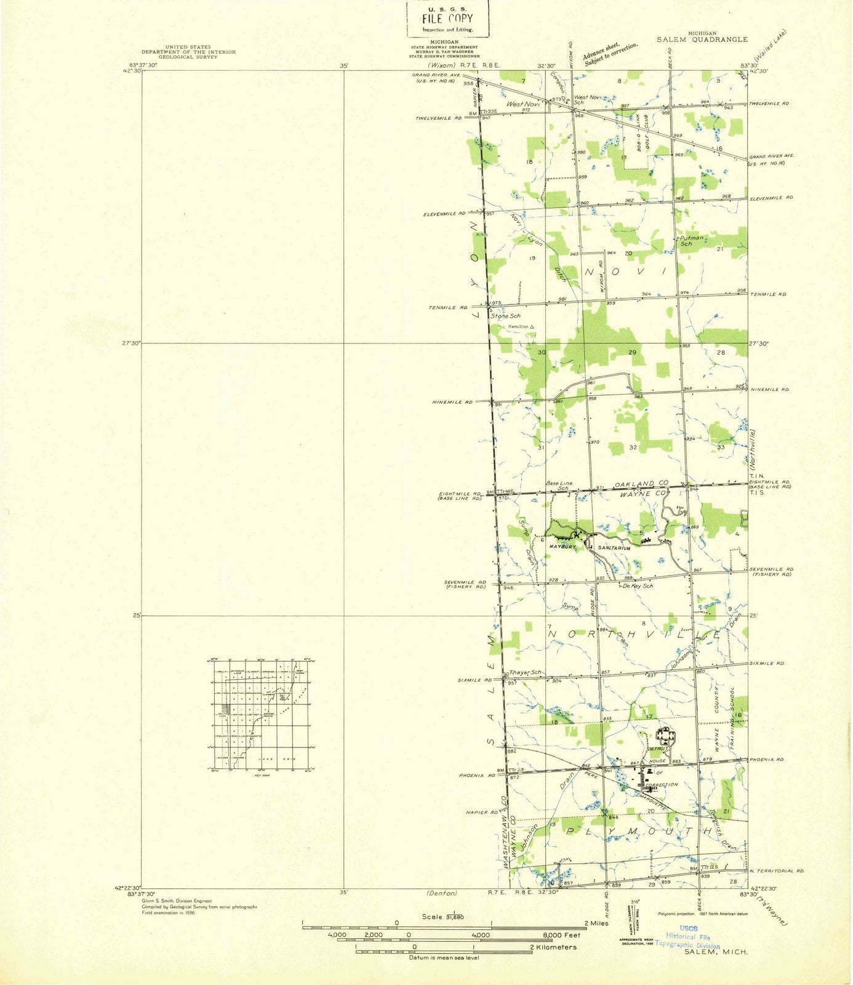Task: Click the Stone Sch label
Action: pyautogui.click(x=506, y=316)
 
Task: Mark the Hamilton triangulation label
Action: pyautogui.click(x=521, y=326)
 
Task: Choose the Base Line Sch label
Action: pyautogui.click(x=559, y=486)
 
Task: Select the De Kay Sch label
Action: pyautogui.click(x=637, y=585)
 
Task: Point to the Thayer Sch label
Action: pyautogui.click(x=525, y=672)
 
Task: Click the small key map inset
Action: pyautogui.click(x=261, y=714)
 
